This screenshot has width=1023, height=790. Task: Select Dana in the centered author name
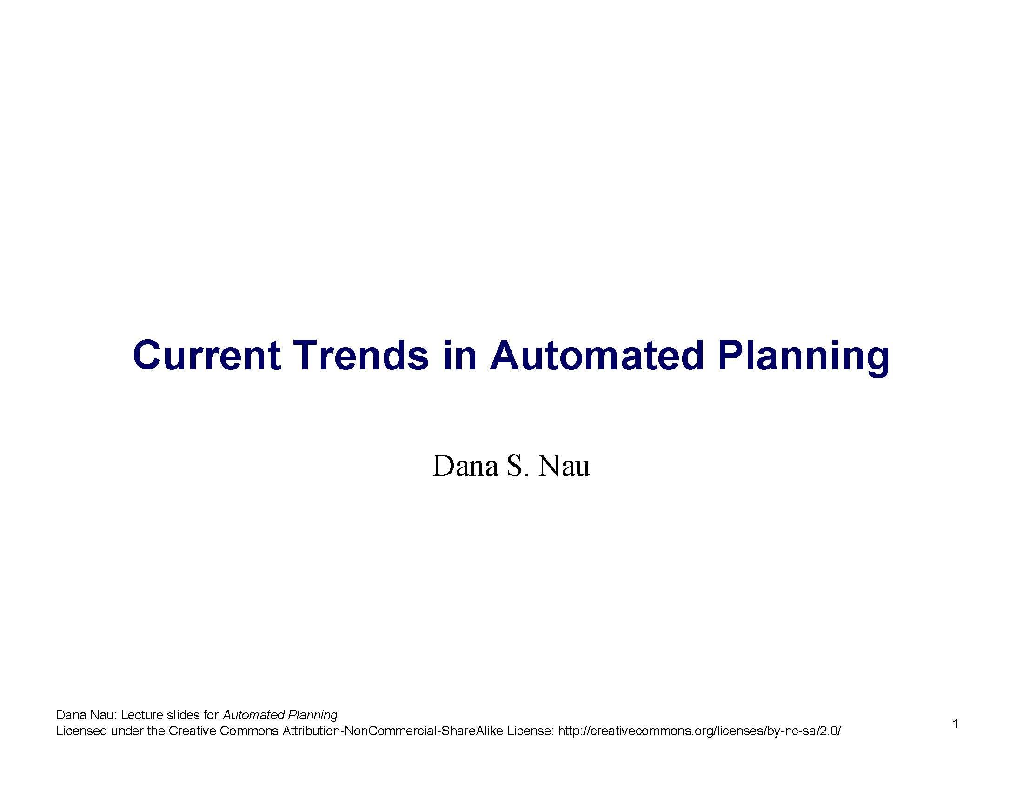click(x=465, y=466)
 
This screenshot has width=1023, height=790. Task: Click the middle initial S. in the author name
click(x=518, y=466)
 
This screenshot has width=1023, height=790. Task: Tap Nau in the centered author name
click(x=564, y=466)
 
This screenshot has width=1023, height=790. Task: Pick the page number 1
click(x=956, y=724)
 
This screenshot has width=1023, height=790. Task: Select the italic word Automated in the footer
click(x=253, y=715)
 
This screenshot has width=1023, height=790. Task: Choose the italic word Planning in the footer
click(x=312, y=716)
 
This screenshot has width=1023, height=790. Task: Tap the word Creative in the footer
click(x=192, y=731)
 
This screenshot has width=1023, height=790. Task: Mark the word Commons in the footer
click(x=249, y=731)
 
